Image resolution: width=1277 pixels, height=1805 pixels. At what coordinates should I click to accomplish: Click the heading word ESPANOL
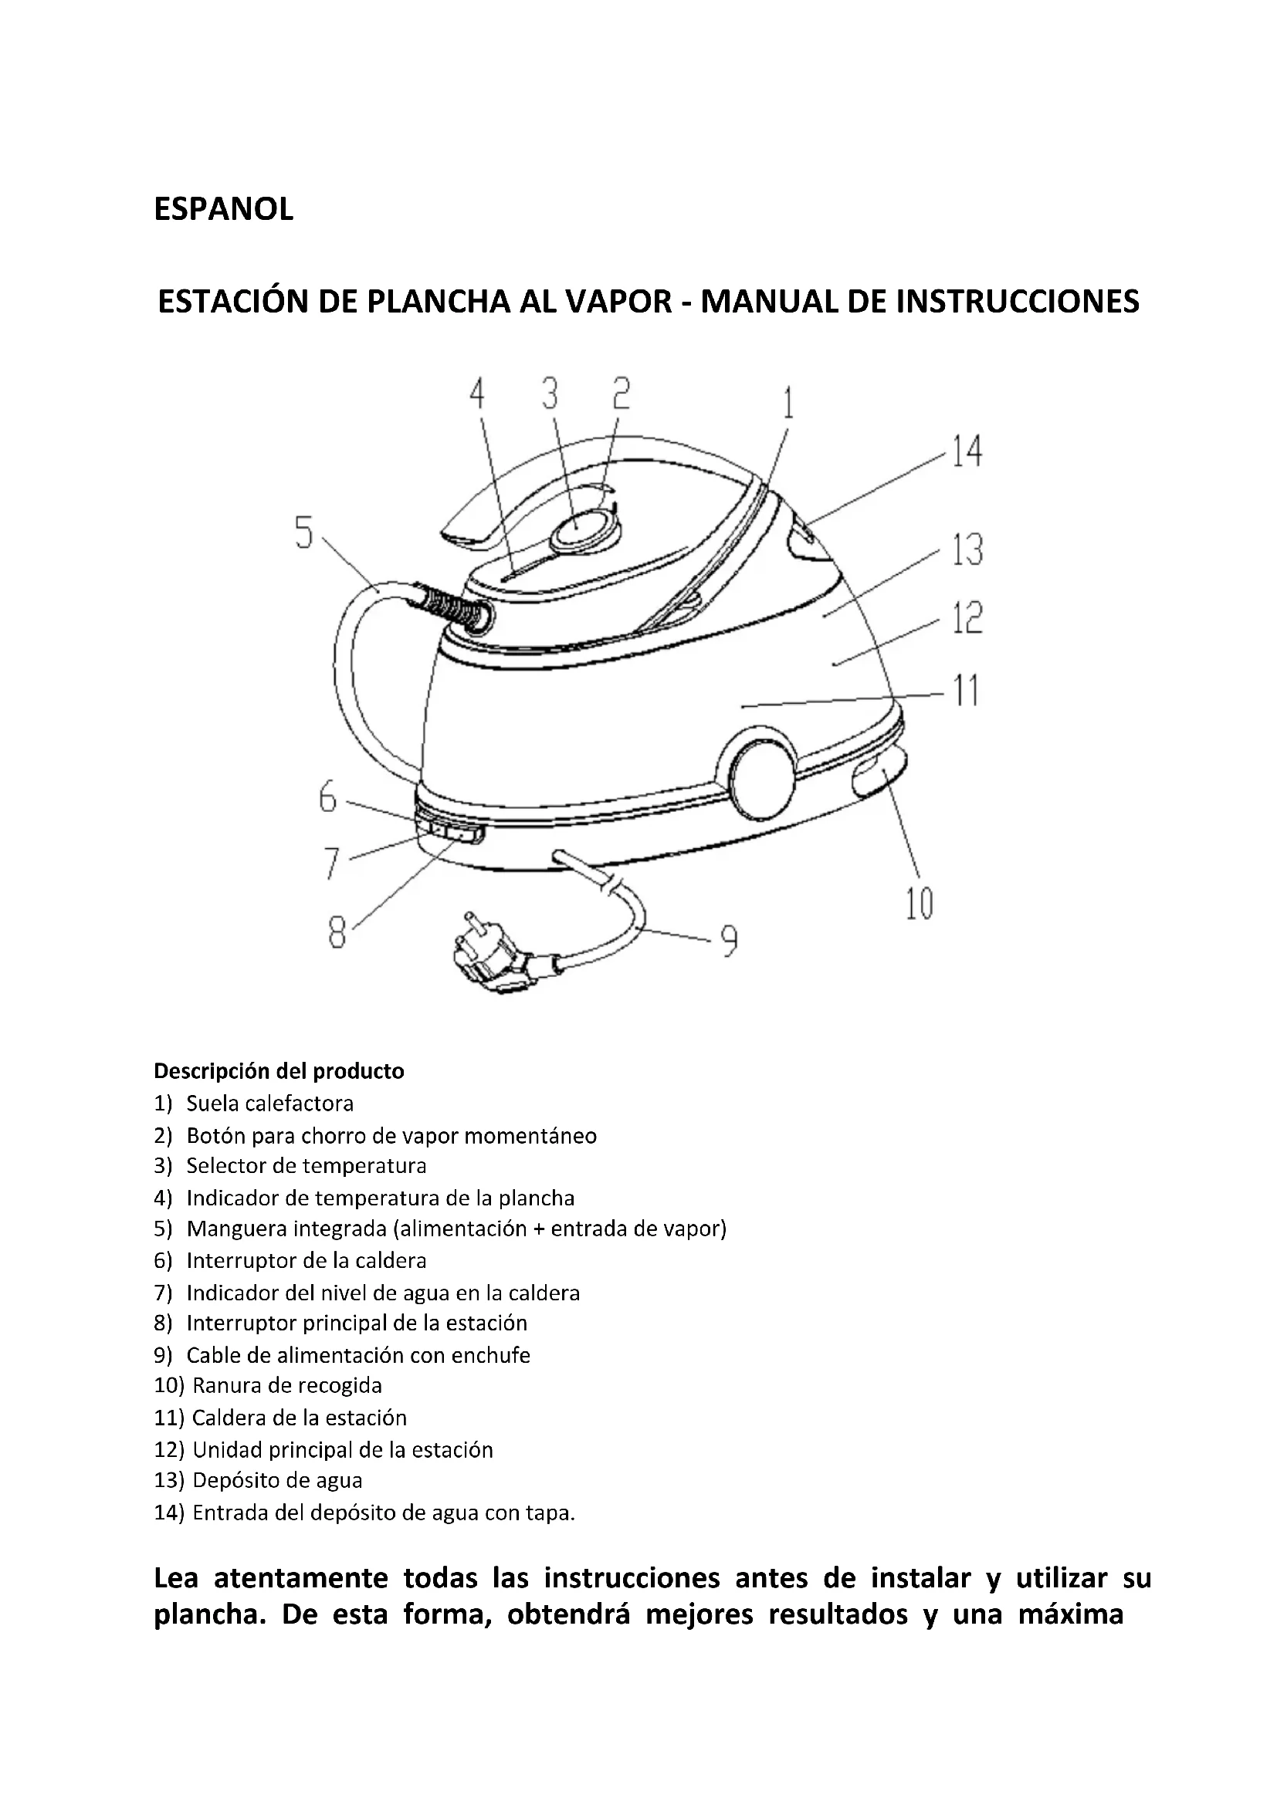coord(223,210)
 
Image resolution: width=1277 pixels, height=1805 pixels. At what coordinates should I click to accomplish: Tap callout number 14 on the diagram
coord(967,452)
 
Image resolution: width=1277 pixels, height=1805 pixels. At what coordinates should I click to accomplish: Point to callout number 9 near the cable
coord(729,941)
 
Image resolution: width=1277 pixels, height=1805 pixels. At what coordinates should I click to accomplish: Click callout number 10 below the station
coord(919,904)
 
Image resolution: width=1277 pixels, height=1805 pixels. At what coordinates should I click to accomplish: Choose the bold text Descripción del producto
coord(279,1072)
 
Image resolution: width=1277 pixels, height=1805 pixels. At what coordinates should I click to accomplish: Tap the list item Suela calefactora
coord(269,1104)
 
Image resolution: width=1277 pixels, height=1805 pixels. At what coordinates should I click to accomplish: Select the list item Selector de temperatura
coord(306,1165)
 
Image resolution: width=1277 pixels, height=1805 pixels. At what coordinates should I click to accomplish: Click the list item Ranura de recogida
coord(287,1385)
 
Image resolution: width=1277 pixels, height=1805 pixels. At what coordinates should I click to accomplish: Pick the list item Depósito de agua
coord(277,1480)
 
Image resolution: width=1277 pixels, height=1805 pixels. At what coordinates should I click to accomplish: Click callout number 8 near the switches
coord(337,933)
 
